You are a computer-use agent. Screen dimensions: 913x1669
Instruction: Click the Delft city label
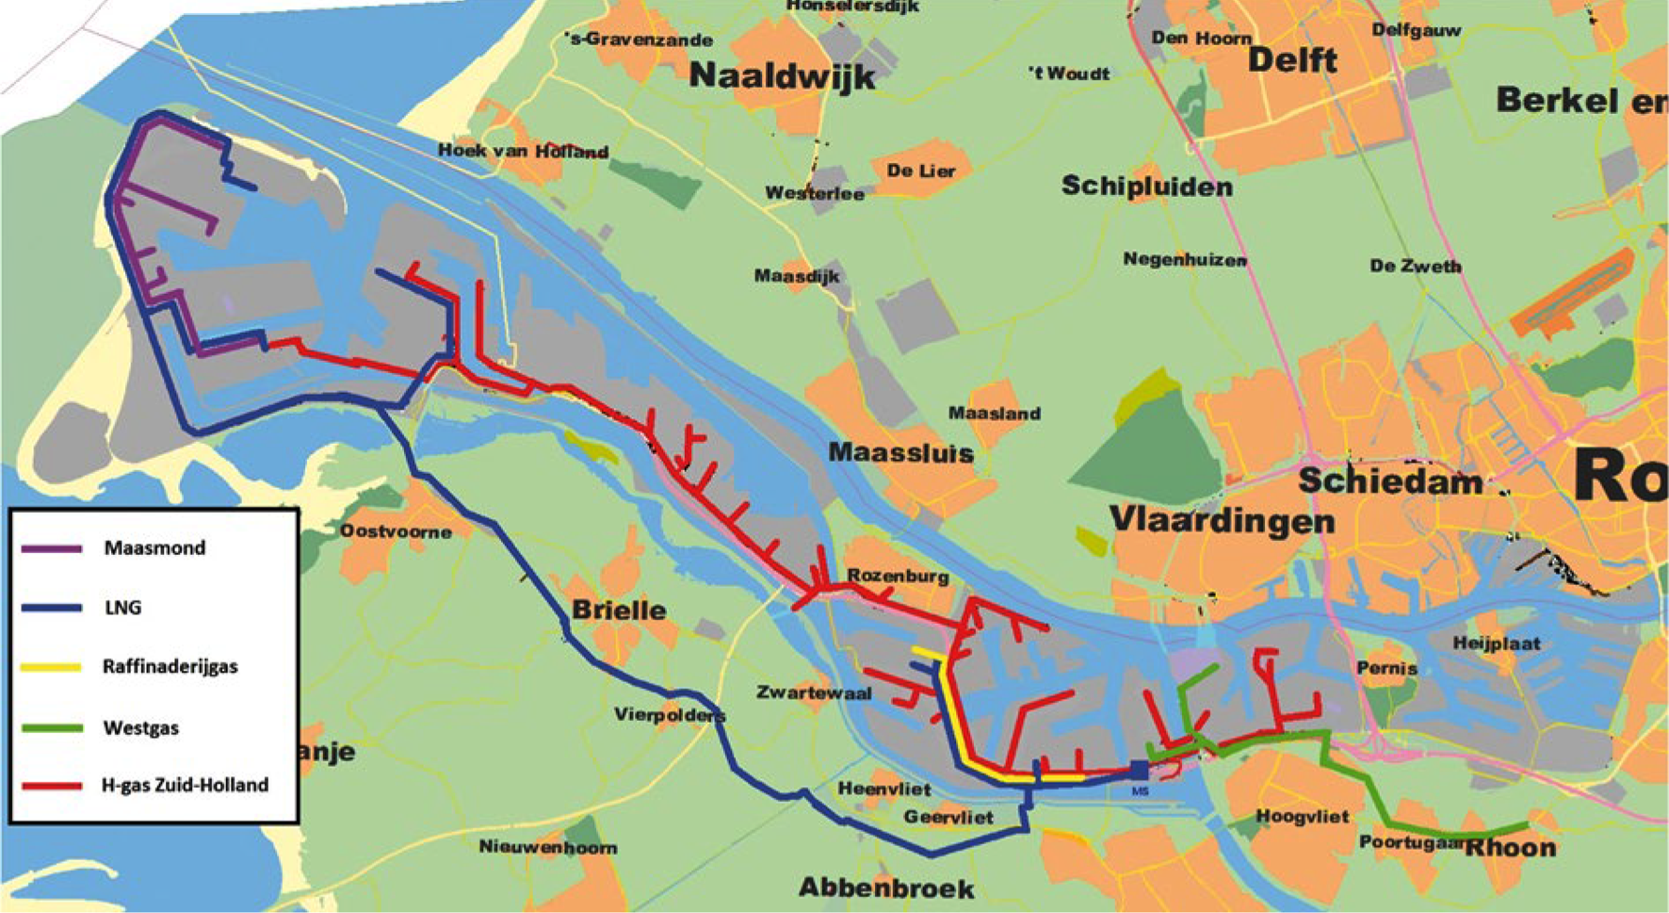1292,60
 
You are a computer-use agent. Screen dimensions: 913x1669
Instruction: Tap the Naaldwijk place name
782,75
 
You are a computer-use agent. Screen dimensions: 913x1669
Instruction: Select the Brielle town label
619,610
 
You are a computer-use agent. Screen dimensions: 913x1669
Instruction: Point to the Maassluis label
900,453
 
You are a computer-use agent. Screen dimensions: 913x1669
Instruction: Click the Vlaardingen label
1222,520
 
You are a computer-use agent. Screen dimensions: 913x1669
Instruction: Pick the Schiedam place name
1389,481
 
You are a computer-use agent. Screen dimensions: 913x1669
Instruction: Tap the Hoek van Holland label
523,151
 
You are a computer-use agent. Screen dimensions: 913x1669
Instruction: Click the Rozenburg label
898,576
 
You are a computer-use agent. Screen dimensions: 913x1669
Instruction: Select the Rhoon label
1510,847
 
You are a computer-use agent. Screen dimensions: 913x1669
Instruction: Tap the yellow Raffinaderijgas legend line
51,667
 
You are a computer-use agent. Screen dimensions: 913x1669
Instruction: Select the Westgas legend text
141,727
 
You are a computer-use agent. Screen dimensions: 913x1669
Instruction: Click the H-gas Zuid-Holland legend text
185,785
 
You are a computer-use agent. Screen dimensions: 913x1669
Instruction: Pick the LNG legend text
122,608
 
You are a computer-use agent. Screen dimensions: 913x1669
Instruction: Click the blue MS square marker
1140,771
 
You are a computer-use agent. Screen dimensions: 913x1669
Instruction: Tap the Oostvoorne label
396,531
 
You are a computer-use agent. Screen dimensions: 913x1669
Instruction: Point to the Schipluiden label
1146,187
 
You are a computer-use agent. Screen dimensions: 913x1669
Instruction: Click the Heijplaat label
1496,644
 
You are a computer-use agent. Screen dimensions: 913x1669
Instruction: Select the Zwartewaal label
814,693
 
